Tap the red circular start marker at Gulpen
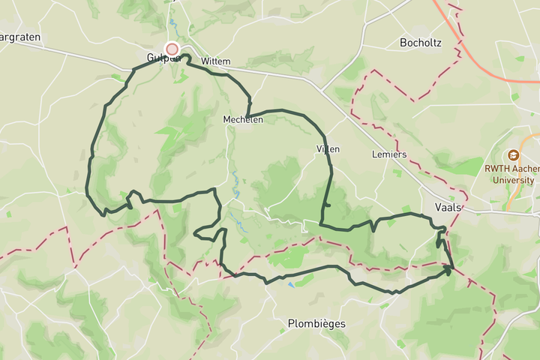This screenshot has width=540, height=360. [172, 49]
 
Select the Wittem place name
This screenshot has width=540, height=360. [215, 61]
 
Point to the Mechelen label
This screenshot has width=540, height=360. [242, 119]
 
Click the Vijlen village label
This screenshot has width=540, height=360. [328, 149]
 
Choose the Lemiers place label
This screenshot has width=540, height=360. [388, 154]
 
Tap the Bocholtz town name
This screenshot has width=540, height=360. [421, 43]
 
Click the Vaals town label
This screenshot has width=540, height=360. [447, 207]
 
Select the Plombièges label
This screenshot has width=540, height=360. [316, 324]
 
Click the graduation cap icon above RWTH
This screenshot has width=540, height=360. [513, 155]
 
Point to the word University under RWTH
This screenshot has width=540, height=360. [514, 180]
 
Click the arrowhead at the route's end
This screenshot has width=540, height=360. [448, 270]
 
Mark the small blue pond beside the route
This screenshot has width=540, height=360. [290, 284]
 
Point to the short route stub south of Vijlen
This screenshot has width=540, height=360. [328, 205]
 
